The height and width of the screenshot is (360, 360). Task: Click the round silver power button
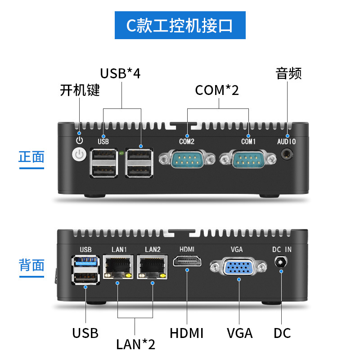[79, 155]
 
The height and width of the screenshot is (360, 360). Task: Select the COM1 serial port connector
[248, 159]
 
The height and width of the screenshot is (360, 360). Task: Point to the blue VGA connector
[238, 268]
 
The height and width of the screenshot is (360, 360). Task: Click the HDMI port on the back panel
[187, 262]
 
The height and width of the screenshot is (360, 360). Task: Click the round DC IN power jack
[282, 262]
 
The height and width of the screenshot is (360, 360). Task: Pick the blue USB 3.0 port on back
[85, 262]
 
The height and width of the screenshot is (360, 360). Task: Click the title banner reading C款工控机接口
[180, 26]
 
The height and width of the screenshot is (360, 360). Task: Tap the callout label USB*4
[120, 73]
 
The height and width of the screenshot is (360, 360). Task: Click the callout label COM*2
[217, 90]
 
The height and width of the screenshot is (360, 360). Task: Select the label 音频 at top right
[288, 73]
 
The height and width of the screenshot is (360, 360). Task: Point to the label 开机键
[80, 90]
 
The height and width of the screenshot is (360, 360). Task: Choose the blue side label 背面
[31, 265]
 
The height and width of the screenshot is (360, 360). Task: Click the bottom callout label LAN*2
[135, 344]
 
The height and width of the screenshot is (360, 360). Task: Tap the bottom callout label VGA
[239, 333]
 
